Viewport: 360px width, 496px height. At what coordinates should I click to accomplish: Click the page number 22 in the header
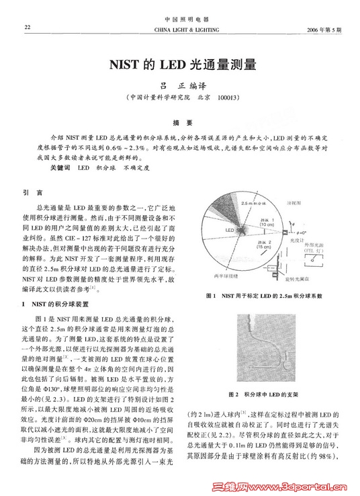click(28, 28)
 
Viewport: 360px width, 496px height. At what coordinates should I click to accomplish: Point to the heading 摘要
click(179, 122)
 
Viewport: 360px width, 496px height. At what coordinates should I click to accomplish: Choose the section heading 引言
click(33, 192)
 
